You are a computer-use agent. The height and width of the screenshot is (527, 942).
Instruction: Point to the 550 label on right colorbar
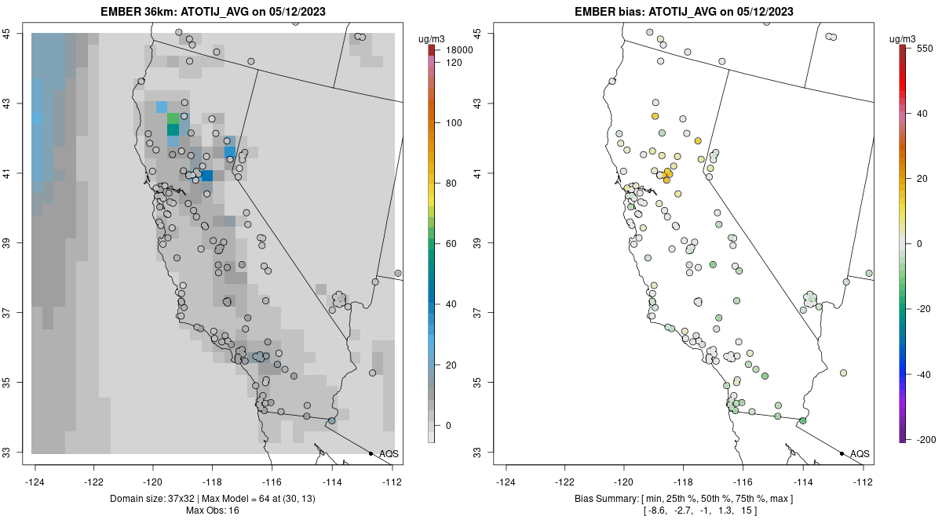922,48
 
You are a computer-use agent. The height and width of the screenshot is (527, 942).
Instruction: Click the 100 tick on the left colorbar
454,123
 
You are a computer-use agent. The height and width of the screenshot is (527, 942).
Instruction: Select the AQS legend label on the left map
389,454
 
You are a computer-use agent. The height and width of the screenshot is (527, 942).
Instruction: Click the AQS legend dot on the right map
842,454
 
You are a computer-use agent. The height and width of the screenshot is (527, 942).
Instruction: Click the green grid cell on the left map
173,118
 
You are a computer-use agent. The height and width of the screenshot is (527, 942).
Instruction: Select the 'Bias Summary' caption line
683,499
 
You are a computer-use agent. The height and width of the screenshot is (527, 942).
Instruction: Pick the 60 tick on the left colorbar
451,244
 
